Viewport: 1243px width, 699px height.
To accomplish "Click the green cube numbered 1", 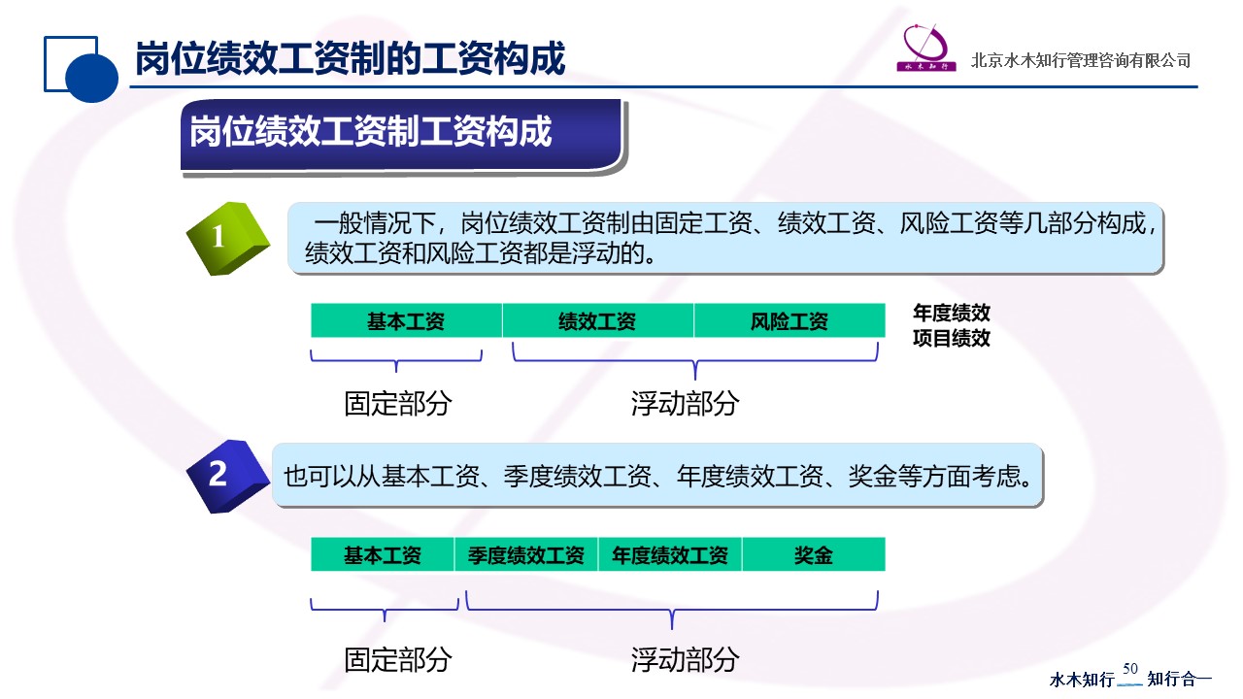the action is (x=228, y=239).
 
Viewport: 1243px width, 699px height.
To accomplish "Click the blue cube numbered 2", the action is (x=228, y=476).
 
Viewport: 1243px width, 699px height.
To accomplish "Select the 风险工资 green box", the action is (x=789, y=320).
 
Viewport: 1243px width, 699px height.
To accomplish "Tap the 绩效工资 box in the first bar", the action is (x=598, y=320).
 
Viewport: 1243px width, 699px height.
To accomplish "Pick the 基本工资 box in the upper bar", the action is (x=406, y=320).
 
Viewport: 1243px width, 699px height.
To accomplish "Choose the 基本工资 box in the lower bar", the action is (x=383, y=554).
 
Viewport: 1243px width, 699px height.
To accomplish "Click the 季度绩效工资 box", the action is (x=526, y=554).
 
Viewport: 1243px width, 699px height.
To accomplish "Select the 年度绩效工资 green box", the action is (x=670, y=554).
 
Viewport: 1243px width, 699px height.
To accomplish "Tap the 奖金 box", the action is (x=814, y=554).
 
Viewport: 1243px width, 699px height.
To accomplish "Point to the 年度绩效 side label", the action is (x=952, y=313).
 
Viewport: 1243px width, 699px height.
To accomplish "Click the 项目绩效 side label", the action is (x=952, y=338).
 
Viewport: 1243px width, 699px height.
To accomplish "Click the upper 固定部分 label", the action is (x=398, y=403).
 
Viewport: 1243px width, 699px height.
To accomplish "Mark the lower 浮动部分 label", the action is (x=685, y=659).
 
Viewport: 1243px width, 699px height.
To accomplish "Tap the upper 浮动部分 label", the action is (x=685, y=403).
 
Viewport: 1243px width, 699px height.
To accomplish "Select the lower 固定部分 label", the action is (x=398, y=659).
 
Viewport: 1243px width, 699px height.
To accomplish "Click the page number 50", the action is (x=1129, y=669).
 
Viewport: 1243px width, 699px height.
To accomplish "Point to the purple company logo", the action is (x=926, y=48).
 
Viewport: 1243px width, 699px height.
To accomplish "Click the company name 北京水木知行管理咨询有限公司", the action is (x=1081, y=60).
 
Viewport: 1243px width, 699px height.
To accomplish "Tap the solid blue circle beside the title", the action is (x=91, y=77).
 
